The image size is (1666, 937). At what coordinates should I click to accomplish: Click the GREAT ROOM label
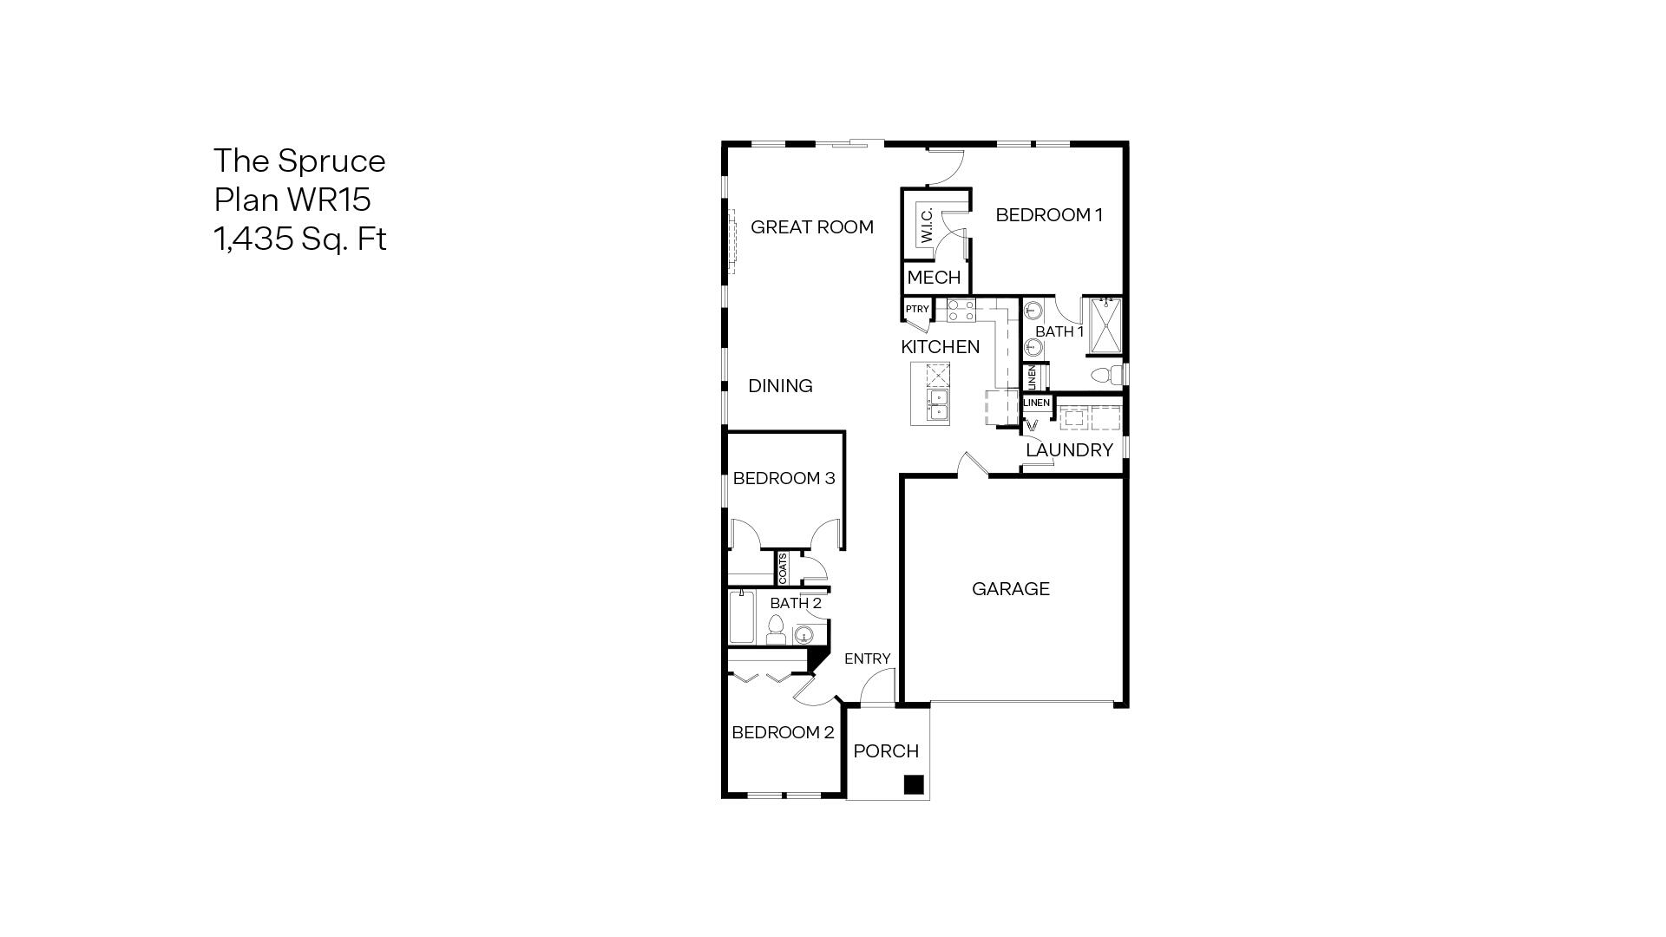tap(811, 227)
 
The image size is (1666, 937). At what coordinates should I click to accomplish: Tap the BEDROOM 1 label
tap(1048, 215)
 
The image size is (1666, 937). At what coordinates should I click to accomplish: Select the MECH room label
tap(934, 278)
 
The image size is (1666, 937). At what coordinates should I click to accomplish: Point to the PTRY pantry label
tap(916, 309)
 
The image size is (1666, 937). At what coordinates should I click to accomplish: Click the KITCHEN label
tap(940, 347)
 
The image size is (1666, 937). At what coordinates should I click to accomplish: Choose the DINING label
tap(780, 386)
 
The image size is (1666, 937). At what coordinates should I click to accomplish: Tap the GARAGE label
tap(1010, 589)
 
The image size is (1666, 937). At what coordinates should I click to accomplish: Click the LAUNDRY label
tap(1068, 450)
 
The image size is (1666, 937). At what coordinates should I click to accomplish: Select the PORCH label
tap(885, 751)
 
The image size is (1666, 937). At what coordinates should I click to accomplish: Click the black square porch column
tap(912, 785)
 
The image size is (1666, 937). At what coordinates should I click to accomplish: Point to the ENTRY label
tap(867, 659)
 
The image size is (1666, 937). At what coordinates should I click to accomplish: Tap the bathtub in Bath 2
tap(740, 617)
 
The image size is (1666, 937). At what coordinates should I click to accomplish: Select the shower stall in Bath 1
tap(1105, 326)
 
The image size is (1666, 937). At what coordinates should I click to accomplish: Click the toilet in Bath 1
tap(1105, 376)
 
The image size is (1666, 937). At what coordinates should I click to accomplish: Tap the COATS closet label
tap(783, 568)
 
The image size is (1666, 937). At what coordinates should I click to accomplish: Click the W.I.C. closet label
tap(926, 226)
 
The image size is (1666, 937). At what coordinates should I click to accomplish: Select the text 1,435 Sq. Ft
tap(299, 239)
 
